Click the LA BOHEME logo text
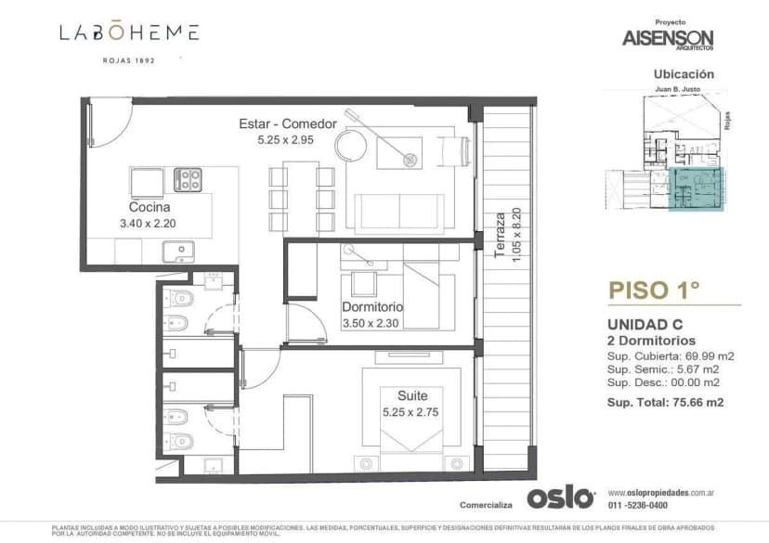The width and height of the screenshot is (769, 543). click(x=129, y=32)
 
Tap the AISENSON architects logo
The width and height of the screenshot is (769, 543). click(x=669, y=37)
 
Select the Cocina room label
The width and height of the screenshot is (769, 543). click(x=148, y=208)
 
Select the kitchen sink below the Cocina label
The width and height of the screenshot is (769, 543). click(x=178, y=251)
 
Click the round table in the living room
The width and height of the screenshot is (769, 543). click(x=353, y=145)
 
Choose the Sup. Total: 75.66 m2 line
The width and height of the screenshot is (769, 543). click(x=665, y=402)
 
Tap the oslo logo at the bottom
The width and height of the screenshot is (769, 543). click(x=560, y=497)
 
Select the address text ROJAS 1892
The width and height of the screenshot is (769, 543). click(x=128, y=60)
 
